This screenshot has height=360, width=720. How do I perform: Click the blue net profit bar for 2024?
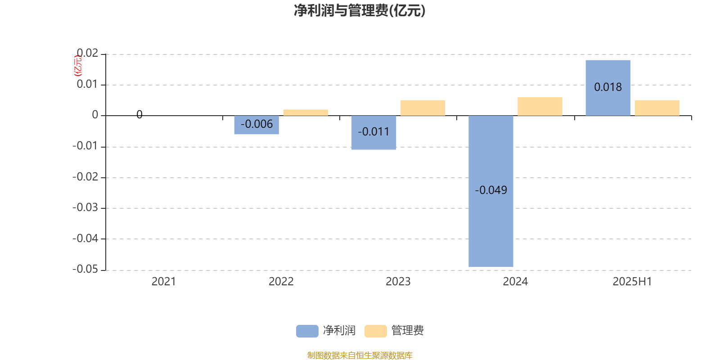pos(491,191)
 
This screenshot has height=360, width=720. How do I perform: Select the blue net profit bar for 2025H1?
pos(608,88)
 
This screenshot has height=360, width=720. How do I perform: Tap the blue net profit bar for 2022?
pos(256,125)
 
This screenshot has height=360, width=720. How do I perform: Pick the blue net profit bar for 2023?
pos(373,132)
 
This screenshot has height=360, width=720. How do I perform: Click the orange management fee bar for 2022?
pos(306,112)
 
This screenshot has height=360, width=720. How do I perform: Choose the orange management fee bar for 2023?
pos(423,108)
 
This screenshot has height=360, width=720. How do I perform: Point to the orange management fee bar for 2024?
pos(540,106)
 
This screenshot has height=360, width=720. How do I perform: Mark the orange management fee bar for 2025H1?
pos(657,108)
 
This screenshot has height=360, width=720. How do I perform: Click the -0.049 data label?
pos(491,190)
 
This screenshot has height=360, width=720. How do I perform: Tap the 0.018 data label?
pos(608,87)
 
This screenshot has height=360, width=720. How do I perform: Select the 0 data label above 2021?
pos(139,114)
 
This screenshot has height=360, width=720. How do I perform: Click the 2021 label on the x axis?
pos(164,282)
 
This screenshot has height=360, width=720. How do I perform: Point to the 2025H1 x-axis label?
pos(632,282)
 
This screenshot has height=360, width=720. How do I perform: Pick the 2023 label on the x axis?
pos(398,282)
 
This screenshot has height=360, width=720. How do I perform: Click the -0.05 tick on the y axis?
pos(85,269)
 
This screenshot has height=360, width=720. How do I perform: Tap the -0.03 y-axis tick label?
pos(85,207)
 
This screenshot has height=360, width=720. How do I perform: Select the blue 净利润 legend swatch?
pos(307,331)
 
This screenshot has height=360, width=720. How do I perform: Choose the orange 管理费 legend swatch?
pos(375,331)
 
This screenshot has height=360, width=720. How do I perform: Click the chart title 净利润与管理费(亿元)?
pos(360,11)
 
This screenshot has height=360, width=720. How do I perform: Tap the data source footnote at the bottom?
pos(360,355)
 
